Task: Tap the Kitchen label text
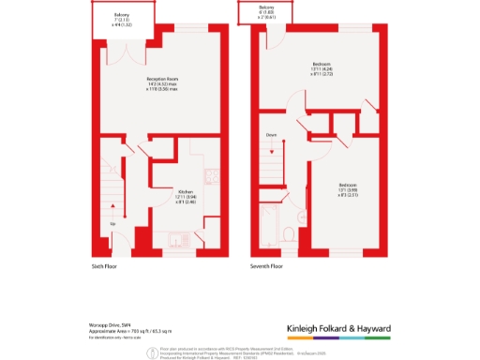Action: coord(185,196)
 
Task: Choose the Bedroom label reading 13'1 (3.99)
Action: coord(346,188)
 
